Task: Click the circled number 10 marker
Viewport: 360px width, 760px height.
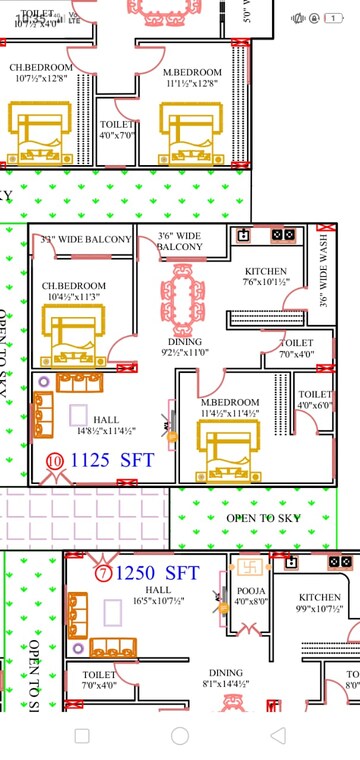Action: [54, 461]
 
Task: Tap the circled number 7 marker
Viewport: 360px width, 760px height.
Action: [103, 574]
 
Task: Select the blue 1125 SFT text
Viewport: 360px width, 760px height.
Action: [112, 461]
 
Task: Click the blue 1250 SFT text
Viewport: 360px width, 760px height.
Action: [157, 573]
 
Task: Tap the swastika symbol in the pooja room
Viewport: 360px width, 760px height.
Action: [250, 568]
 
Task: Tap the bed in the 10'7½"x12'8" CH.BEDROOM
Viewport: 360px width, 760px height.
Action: [39, 136]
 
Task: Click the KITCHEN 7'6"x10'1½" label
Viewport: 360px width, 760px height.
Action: [266, 277]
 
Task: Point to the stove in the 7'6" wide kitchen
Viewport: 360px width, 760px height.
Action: [283, 235]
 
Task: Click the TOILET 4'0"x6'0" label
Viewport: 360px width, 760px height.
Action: [315, 400]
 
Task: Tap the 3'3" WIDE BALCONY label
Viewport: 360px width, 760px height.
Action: [86, 240]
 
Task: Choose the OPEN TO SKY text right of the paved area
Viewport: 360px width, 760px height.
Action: [263, 518]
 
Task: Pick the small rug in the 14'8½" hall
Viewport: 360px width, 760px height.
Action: [78, 415]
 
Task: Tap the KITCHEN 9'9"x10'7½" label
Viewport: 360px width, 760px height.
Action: [319, 603]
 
